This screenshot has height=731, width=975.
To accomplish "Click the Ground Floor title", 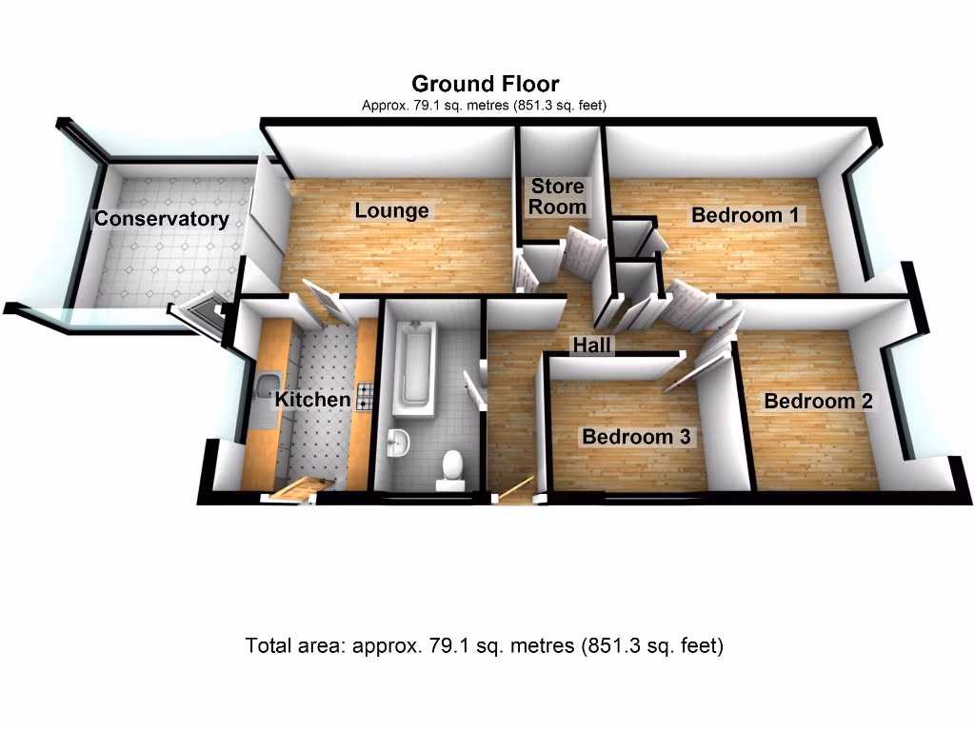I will (485, 84).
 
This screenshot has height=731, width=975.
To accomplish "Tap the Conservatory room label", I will (161, 220).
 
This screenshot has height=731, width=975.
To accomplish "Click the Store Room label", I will (558, 196).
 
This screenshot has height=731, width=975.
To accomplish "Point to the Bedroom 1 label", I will (745, 215).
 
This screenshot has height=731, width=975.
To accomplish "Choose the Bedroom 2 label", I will (818, 401).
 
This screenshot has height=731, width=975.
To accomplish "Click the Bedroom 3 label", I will (637, 437).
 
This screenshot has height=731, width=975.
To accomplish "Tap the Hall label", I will (592, 345).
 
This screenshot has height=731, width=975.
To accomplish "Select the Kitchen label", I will (312, 400).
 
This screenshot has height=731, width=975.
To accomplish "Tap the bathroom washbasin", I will (400, 441).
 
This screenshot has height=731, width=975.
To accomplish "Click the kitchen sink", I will (264, 388).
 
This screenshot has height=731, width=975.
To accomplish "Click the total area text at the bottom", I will (485, 646).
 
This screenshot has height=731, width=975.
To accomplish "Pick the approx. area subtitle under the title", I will (485, 106).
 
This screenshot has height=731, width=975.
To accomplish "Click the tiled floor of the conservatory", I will (171, 267).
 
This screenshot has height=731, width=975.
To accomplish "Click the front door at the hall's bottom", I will (512, 490).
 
